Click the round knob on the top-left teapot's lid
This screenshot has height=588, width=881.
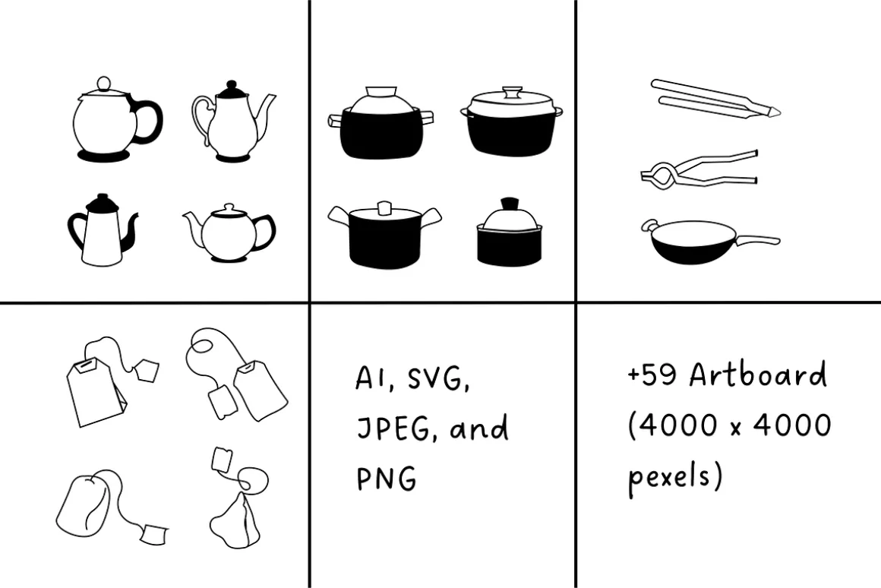click(x=103, y=84)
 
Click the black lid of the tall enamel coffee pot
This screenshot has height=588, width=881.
click(x=103, y=203)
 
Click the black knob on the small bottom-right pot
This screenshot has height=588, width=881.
click(x=510, y=203)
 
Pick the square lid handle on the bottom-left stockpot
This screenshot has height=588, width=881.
click(x=385, y=209)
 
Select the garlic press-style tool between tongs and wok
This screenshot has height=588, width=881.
click(x=699, y=169)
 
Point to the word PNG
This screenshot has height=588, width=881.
click(x=387, y=478)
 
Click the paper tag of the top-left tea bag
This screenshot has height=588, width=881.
click(x=147, y=370)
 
